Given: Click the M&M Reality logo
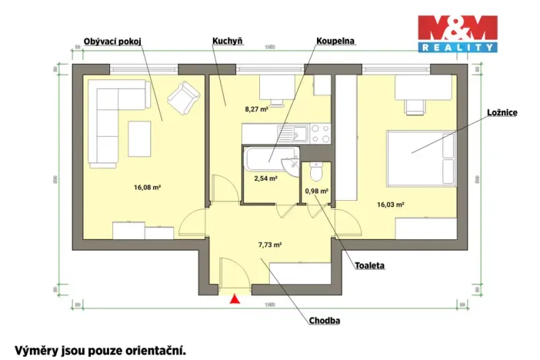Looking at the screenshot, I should [x=456, y=33].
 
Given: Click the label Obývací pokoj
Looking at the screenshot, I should [x=114, y=42].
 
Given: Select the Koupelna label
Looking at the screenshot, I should [x=335, y=42].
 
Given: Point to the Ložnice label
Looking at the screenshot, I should [x=501, y=112].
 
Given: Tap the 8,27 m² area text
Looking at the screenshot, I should [x=256, y=109].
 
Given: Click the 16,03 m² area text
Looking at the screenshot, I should [x=390, y=205].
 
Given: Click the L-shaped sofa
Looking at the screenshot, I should [x=114, y=123].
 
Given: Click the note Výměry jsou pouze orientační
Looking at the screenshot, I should [x=100, y=350].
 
